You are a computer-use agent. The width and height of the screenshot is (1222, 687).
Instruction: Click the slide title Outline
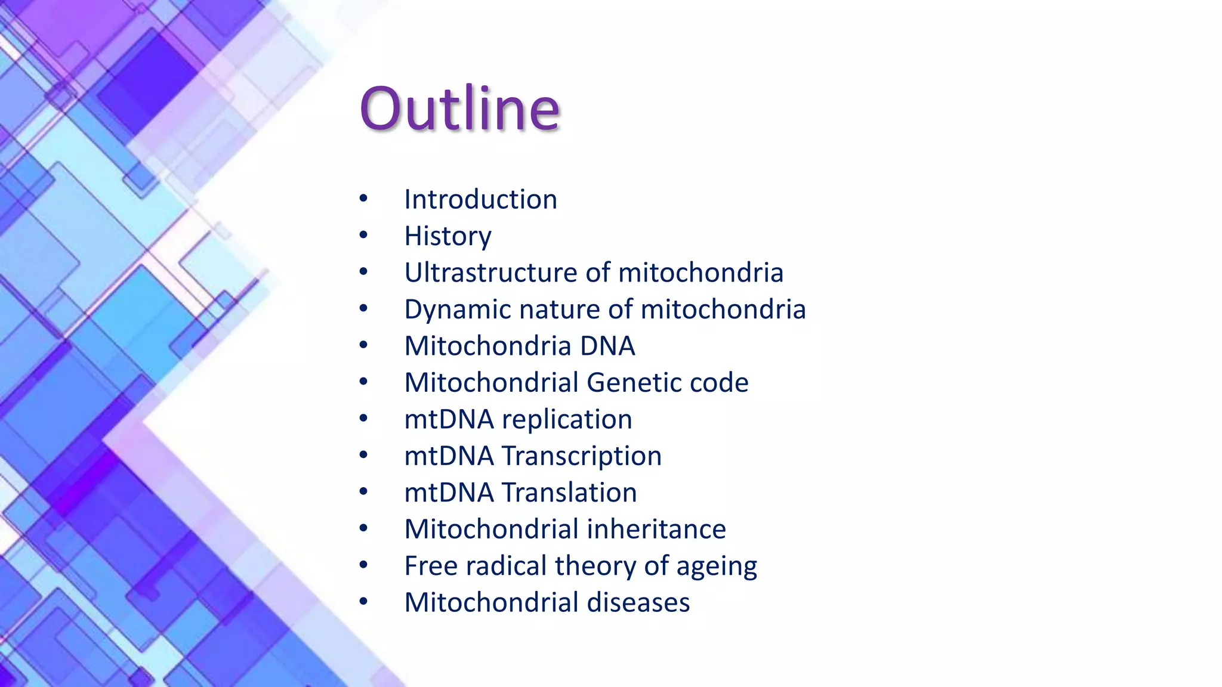(x=459, y=109)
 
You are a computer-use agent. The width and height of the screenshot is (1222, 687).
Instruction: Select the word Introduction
(x=480, y=199)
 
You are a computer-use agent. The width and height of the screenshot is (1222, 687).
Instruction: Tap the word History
(x=448, y=236)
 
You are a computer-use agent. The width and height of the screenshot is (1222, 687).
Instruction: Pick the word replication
(x=567, y=419)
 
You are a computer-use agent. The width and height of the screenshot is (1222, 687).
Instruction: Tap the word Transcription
(x=581, y=456)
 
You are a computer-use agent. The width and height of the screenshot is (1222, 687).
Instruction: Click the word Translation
(x=569, y=493)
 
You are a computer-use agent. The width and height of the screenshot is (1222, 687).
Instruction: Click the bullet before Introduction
(x=364, y=199)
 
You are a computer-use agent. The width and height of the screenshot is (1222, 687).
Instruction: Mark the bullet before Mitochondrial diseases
(x=364, y=602)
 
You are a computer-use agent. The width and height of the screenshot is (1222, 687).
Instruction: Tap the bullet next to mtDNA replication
(x=364, y=419)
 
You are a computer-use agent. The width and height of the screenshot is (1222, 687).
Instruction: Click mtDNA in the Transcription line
(x=449, y=456)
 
